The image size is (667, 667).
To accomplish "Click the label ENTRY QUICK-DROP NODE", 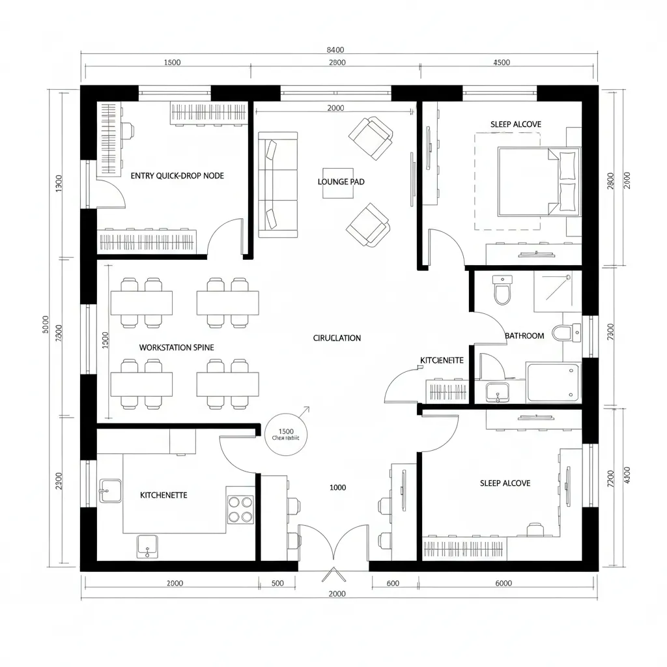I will [177, 176].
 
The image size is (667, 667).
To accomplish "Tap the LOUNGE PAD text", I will [341, 182].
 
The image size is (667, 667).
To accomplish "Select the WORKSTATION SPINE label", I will [176, 347].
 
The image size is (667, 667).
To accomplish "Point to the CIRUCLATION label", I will [337, 338].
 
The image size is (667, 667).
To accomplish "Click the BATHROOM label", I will [524, 335].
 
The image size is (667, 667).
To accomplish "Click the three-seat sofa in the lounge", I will [278, 184].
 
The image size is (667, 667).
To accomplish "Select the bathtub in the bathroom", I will [553, 382].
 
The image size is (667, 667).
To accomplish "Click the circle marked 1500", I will [286, 434].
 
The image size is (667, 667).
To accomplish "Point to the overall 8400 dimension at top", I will [334, 50].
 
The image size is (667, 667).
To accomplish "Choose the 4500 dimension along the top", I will [502, 63].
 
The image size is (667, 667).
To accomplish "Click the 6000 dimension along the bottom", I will [504, 584].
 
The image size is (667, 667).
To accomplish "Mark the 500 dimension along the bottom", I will [277, 584].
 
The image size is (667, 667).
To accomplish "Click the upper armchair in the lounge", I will [371, 137].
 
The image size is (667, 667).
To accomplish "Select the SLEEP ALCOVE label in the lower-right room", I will [505, 483].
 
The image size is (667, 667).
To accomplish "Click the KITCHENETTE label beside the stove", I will [163, 495].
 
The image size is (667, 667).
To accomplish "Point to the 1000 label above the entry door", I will [337, 487].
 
